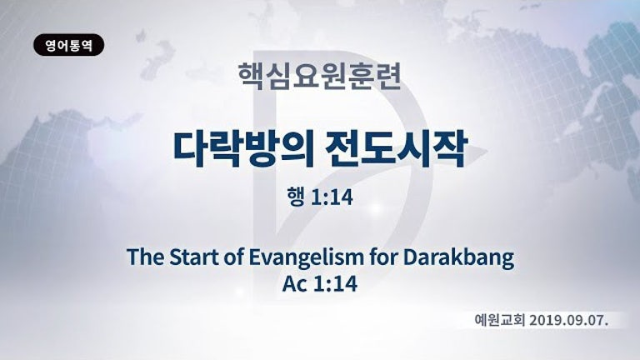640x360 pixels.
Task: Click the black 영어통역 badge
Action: (x=68, y=45)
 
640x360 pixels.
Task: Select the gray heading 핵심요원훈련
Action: (x=320, y=76)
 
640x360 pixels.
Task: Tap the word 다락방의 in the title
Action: (x=243, y=149)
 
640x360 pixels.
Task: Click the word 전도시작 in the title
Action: (x=396, y=149)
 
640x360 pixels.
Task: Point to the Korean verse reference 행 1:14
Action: (x=320, y=197)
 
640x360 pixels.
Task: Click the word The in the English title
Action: (x=145, y=257)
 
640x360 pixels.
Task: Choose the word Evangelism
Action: (x=306, y=258)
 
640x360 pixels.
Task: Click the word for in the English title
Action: (x=383, y=257)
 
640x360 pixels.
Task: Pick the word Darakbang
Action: (x=459, y=258)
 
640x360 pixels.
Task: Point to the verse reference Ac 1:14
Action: (x=320, y=283)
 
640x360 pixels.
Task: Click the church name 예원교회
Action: (x=500, y=320)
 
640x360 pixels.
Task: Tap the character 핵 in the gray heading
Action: (x=252, y=76)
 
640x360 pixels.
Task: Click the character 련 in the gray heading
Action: (x=388, y=76)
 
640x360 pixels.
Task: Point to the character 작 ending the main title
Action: (x=450, y=149)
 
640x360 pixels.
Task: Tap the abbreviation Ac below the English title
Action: (x=295, y=283)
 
